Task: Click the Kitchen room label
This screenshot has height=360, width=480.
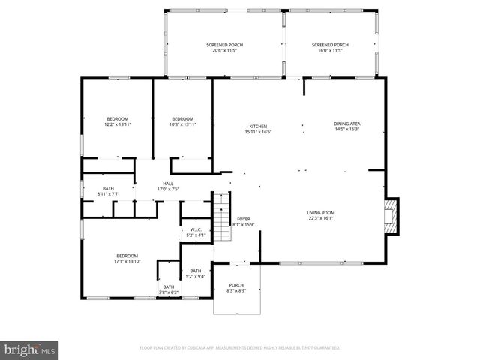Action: coord(257,129)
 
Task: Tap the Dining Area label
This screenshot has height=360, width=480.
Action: coord(346,126)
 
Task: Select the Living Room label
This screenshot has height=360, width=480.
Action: coord(320,216)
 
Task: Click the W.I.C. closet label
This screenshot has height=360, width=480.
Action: coord(195,232)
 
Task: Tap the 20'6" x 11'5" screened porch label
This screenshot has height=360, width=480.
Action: coord(223,48)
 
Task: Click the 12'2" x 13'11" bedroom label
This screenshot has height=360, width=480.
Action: coord(117,121)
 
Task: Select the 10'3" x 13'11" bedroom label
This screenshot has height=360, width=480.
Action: coord(182,121)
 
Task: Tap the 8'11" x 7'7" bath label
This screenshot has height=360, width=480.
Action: coord(107,191)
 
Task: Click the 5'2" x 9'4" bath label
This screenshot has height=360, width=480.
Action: coord(195,273)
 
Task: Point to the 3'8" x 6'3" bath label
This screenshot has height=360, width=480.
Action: coord(169,289)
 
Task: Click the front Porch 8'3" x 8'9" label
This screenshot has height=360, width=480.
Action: coord(236,287)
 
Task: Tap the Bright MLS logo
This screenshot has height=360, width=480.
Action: coord(30,349)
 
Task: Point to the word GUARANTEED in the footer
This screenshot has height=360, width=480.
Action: coord(323,348)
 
